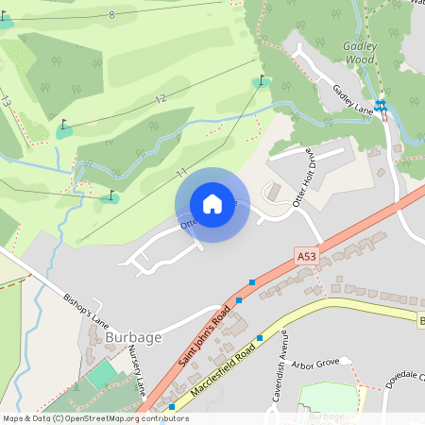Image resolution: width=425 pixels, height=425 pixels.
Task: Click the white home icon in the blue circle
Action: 212,203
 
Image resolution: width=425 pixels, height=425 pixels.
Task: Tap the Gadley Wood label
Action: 360,51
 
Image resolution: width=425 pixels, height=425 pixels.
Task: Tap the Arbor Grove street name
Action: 314,362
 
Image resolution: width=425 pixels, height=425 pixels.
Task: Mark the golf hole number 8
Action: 111,14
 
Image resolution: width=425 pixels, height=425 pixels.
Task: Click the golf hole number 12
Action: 160,98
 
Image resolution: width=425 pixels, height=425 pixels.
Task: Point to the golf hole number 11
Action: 180,172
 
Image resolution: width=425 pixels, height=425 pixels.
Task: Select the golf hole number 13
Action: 8,101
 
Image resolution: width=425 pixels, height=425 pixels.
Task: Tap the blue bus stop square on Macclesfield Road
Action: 259,337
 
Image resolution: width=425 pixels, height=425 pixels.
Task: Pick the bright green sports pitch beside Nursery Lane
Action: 103,376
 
